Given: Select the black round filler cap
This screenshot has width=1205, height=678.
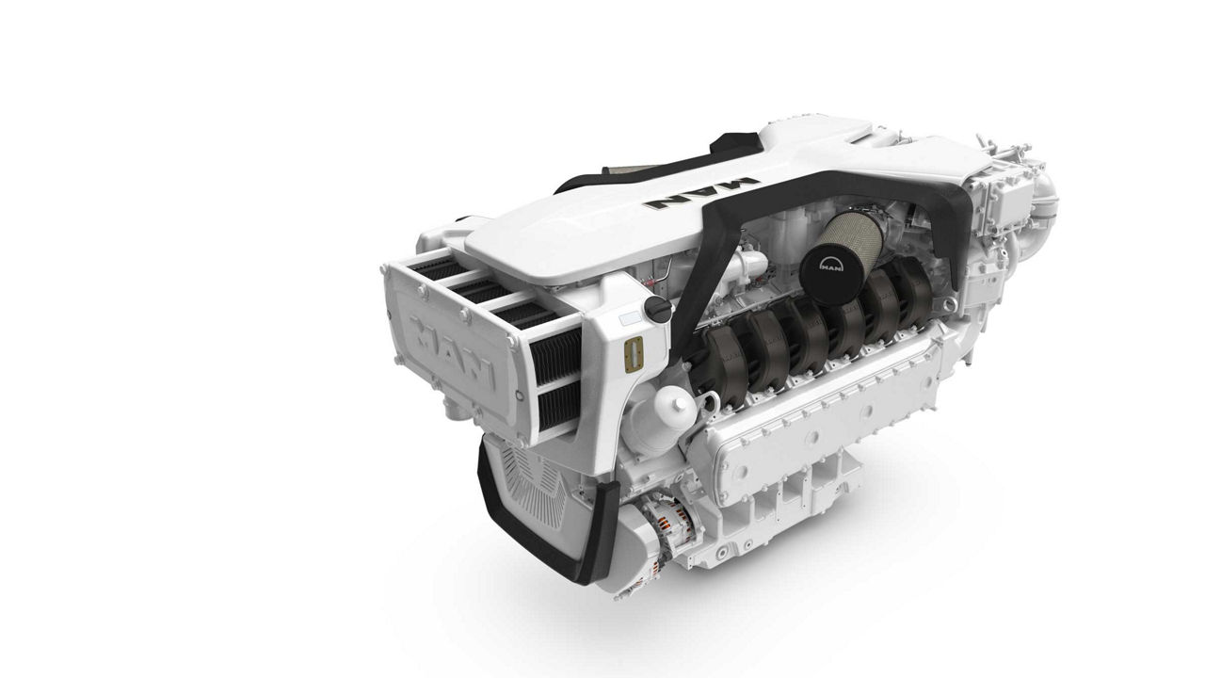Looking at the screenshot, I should [x=656, y=308].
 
